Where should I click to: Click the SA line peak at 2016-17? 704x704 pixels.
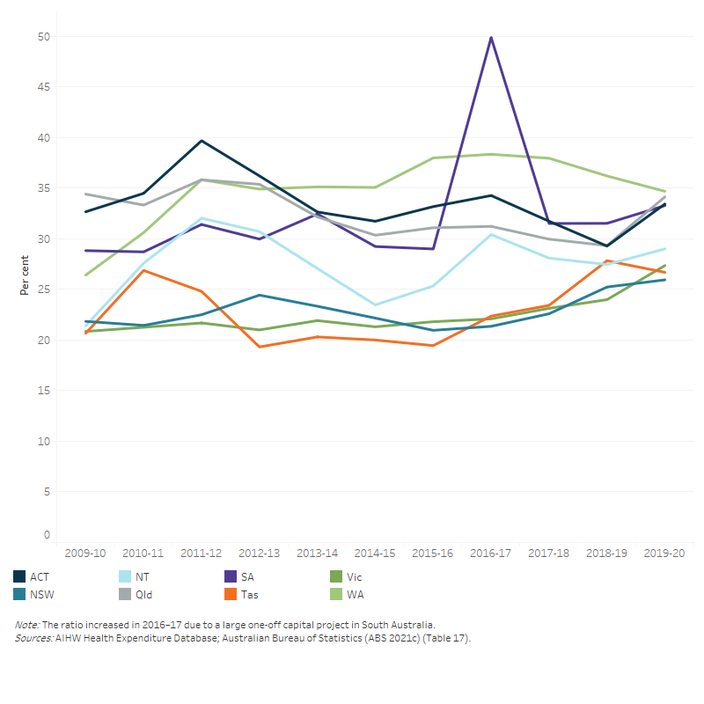pyautogui.click(x=490, y=37)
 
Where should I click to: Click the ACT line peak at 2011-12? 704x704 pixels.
pyautogui.click(x=202, y=141)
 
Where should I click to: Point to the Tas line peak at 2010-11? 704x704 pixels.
pyautogui.click(x=143, y=270)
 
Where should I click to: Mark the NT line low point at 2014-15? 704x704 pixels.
pyautogui.click(x=375, y=304)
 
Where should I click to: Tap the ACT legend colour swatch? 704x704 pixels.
pyautogui.click(x=19, y=577)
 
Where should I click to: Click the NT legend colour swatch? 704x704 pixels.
pyautogui.click(x=125, y=577)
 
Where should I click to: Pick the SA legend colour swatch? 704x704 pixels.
pyautogui.click(x=231, y=577)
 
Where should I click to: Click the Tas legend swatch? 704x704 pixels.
pyautogui.click(x=231, y=594)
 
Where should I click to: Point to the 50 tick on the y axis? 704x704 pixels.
pyautogui.click(x=43, y=37)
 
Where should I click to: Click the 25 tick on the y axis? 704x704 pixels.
pyautogui.click(x=43, y=290)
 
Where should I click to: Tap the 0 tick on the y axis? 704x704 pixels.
pyautogui.click(x=46, y=535)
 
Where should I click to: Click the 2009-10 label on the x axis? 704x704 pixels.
pyautogui.click(x=85, y=554)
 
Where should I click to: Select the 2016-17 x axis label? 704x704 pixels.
pyautogui.click(x=490, y=554)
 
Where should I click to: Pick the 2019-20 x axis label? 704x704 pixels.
pyautogui.click(x=664, y=554)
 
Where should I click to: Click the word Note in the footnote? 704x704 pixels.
pyautogui.click(x=26, y=624)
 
